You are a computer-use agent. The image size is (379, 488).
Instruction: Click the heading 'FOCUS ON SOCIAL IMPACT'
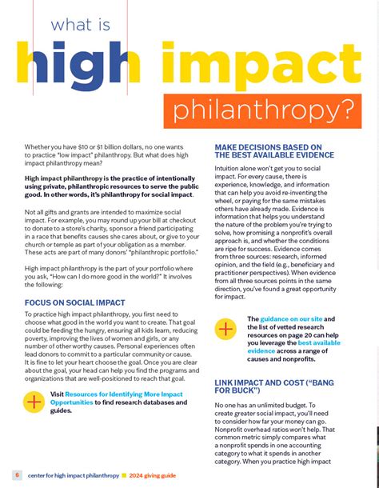(x=75, y=303)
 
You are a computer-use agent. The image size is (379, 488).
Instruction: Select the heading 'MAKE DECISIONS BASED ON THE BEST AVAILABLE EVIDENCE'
(x=268, y=151)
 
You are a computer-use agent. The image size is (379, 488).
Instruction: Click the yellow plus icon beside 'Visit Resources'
(x=34, y=401)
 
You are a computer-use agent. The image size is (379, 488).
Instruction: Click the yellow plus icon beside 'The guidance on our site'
(x=226, y=329)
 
